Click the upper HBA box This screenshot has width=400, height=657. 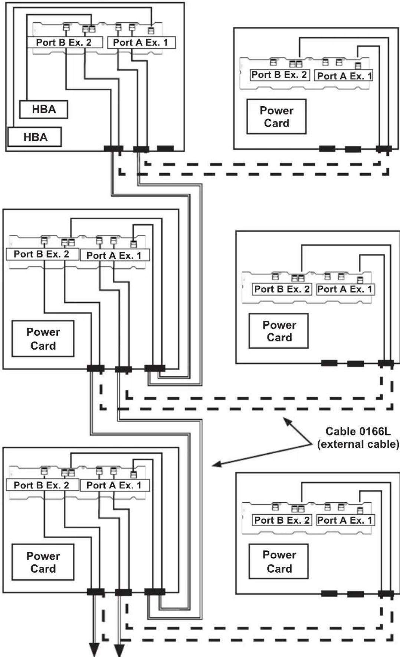(44, 109)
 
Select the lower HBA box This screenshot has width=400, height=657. (35, 137)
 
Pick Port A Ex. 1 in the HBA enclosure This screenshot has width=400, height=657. (141, 43)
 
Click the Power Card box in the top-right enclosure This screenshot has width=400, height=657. (276, 117)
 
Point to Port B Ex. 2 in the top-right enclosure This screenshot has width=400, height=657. (279, 75)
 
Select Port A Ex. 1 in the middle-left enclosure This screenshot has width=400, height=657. (115, 255)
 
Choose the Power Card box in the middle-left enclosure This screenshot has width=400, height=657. (43, 339)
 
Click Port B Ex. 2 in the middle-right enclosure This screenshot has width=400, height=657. (282, 289)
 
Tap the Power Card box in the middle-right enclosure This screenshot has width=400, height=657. (279, 331)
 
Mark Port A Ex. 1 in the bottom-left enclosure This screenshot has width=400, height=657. (115, 485)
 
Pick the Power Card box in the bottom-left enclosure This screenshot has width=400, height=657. (43, 562)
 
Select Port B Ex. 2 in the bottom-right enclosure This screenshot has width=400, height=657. (282, 520)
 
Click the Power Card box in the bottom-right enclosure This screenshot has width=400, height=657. (279, 561)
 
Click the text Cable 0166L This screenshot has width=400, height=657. (358, 431)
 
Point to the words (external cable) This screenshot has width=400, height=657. (358, 444)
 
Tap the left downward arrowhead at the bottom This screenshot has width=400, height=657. (94, 650)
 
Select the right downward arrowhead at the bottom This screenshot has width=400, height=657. (119, 650)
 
